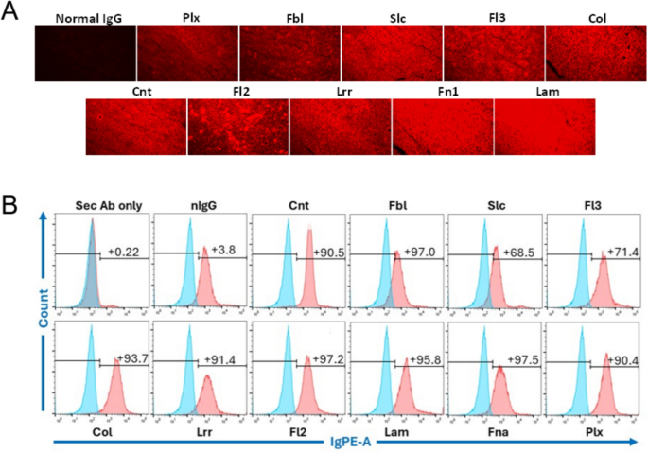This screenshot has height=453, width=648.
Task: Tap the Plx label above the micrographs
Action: coord(187,18)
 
